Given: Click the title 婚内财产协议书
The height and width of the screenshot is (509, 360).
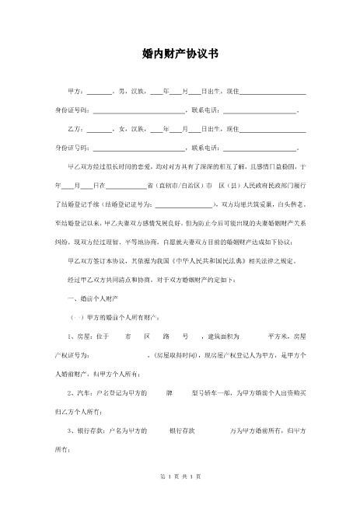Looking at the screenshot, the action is click(x=180, y=55).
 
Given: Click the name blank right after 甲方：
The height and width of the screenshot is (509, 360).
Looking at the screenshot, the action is click(x=99, y=93).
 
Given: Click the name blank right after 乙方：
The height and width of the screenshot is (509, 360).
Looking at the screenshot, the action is click(x=99, y=130).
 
